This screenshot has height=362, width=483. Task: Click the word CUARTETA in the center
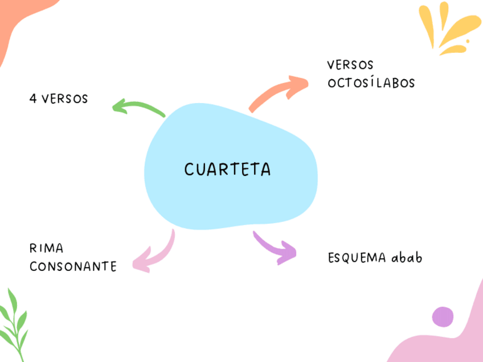[227, 170]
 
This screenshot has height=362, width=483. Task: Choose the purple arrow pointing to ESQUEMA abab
[276, 248]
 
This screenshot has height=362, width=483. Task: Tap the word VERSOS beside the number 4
[65, 99]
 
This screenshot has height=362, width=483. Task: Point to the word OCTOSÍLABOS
[371, 83]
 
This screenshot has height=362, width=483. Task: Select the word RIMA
[46, 249]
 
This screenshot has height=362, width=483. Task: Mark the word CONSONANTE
[72, 266]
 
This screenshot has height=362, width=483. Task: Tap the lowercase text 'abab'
[407, 258]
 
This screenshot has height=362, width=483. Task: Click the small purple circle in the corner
[443, 316]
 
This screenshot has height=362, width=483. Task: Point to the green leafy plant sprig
[14, 324]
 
